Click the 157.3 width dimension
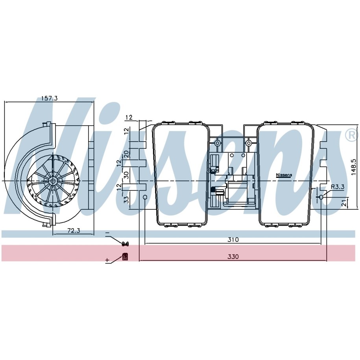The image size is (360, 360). coord(49,98)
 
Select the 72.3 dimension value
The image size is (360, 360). coord(74,231)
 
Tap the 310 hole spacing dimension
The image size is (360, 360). coord(233,240)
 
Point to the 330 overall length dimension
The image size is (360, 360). coord(233,257)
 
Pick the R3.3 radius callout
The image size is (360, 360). coord(338,187)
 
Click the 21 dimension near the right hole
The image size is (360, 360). coord(344,203)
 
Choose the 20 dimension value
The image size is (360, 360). coord(126,153)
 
